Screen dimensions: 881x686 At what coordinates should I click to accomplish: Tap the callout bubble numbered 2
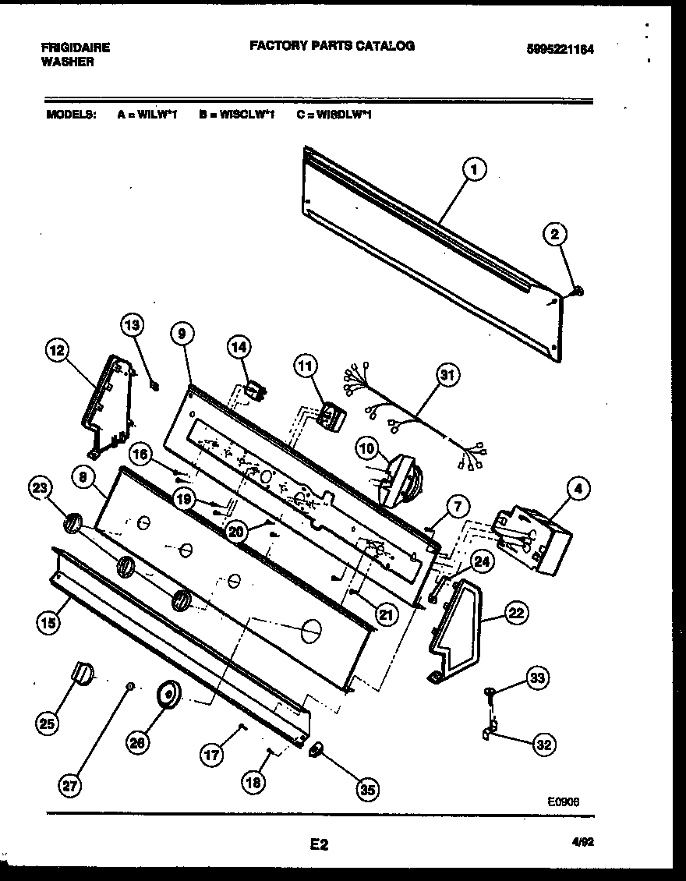(x=556, y=234)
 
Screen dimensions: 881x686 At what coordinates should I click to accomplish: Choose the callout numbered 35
(x=366, y=790)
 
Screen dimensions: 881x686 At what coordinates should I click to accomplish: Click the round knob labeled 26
(x=167, y=693)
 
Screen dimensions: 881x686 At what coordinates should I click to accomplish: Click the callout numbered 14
(x=238, y=349)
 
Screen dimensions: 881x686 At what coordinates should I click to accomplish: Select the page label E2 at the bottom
(x=319, y=844)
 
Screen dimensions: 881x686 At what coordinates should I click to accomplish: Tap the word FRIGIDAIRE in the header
(x=76, y=48)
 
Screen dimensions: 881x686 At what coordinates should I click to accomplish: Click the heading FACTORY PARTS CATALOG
(x=332, y=46)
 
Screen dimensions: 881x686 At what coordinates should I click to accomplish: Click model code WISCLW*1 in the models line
(x=236, y=115)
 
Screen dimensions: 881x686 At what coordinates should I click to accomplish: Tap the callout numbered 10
(x=366, y=448)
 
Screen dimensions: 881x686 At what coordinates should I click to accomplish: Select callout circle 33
(x=536, y=678)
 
